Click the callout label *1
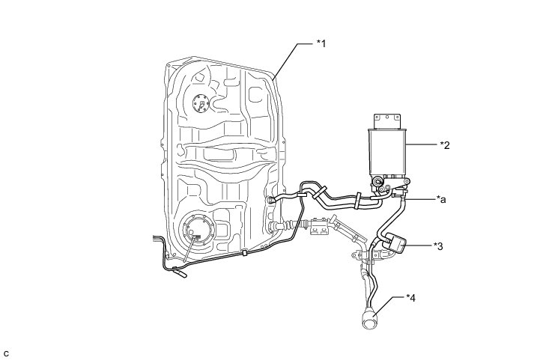click(x=321, y=44)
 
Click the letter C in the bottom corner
click(x=6, y=353)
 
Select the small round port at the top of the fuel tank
click(x=203, y=103)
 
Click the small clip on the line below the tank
click(x=245, y=253)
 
